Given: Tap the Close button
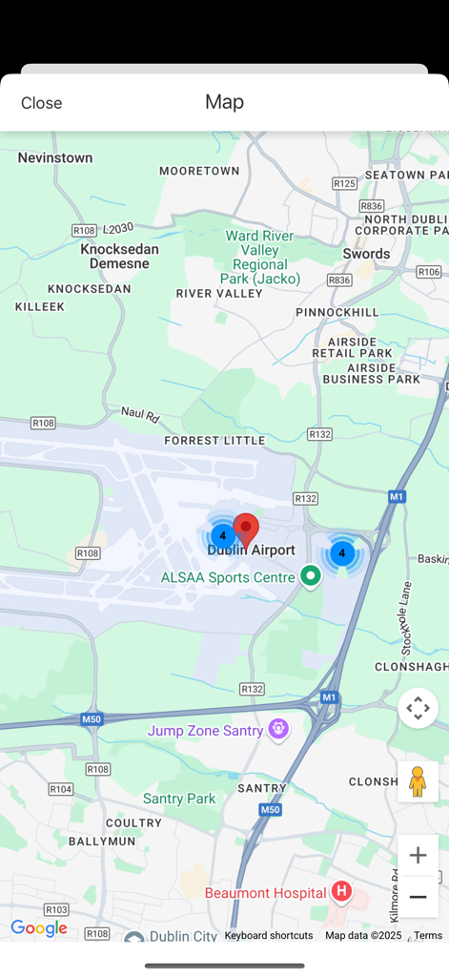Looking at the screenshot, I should click(x=41, y=103).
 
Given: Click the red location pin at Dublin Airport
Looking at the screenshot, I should click(x=246, y=529).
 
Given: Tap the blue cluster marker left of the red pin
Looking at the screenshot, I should click(x=222, y=536).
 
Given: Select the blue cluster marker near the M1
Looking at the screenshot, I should click(x=341, y=553).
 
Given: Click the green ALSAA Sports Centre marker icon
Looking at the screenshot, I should click(x=310, y=576).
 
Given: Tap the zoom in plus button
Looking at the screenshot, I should click(x=418, y=855).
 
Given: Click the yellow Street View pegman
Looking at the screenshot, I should click(x=418, y=781).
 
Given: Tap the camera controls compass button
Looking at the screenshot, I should click(x=418, y=709).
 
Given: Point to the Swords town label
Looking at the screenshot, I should click(x=366, y=254).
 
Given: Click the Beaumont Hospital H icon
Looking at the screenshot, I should click(x=341, y=893).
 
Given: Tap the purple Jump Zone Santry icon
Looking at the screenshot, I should click(x=278, y=730).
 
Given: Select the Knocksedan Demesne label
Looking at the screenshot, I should click(x=119, y=256).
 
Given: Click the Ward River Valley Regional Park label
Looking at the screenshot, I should click(x=259, y=257).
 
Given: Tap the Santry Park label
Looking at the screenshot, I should click(x=179, y=799).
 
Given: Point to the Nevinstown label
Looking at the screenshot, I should click(x=54, y=157).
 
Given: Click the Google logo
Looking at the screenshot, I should click(x=39, y=929).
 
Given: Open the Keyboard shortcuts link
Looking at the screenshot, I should click(x=269, y=936).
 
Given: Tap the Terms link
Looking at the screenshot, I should click(x=428, y=936).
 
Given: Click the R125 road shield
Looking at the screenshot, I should click(x=344, y=183).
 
